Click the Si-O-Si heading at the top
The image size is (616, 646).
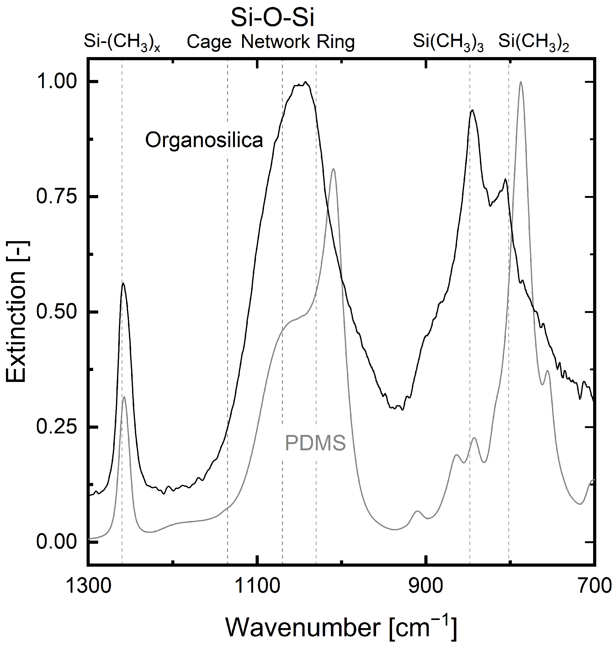tap(272, 19)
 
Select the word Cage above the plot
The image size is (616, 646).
tap(209, 42)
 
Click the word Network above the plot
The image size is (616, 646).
tap(275, 42)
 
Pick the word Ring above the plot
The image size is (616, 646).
tap(336, 42)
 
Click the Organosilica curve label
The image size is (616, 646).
tap(204, 140)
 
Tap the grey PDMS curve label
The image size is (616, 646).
tap(315, 443)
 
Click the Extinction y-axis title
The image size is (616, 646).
tap(16, 312)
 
